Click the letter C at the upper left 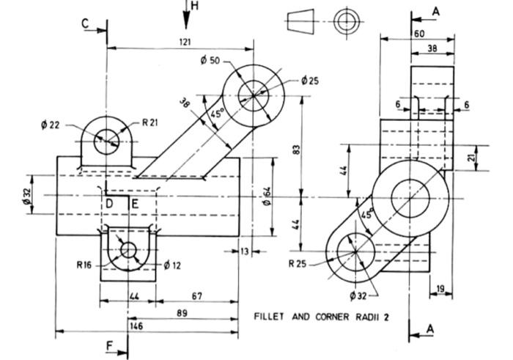(86, 23)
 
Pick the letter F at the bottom (109, 344)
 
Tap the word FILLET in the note (272, 317)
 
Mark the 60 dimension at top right (419, 34)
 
